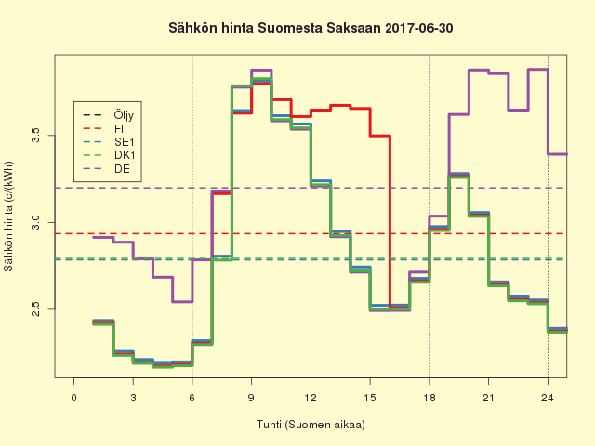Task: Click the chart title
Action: click(x=311, y=28)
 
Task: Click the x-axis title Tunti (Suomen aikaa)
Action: click(x=311, y=425)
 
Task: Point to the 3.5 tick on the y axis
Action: click(x=35, y=137)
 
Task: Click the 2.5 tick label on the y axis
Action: click(x=35, y=308)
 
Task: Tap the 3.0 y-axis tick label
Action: click(x=35, y=223)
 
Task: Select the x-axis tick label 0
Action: click(x=74, y=398)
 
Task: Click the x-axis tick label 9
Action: click(x=252, y=398)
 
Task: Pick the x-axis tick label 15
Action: click(x=370, y=398)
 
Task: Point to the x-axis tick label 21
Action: click(x=488, y=398)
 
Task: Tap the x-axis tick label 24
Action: click(x=548, y=398)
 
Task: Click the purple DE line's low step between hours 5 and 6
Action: click(x=182, y=301)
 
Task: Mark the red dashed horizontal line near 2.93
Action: click(x=279, y=233)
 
